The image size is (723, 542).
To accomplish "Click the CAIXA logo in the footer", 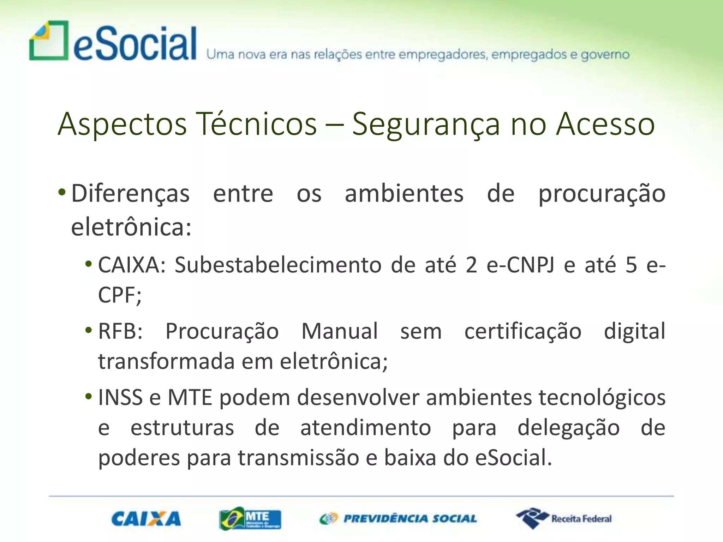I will pos(146,519).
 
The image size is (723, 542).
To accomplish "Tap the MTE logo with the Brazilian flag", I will pos(250,518).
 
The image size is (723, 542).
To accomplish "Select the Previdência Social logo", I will pos(398,518).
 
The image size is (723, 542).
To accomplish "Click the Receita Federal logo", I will pos(564,518).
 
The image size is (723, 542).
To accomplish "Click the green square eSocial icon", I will pos(49,41).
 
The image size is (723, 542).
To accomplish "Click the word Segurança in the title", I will pos(426,124).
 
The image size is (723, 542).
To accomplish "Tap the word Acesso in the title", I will pos(605,124).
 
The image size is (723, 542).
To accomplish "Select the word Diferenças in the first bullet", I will pos(130,194).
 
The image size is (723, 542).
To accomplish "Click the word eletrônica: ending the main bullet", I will pos(131,227).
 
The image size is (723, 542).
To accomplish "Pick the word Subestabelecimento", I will pos(278,265).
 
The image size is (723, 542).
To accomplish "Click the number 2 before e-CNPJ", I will pos(471,265).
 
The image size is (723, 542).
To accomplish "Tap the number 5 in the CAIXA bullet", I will pos(631,265).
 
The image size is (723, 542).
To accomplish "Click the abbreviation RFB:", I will pos(120,331).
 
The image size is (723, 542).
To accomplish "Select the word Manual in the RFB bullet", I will pos(340,331).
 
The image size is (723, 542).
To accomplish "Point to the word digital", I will pos(634,331).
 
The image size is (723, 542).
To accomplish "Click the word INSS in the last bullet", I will pos(120,397).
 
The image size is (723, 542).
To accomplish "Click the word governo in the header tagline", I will pos(605,55).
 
